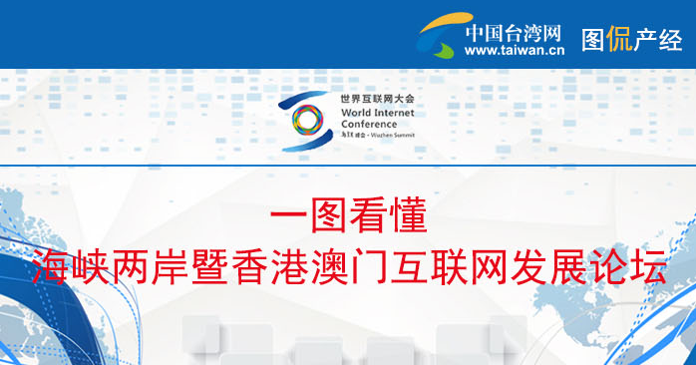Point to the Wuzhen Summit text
394,134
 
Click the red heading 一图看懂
348,216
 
